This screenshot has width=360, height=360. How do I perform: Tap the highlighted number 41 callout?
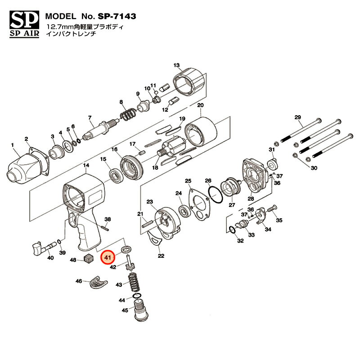[108, 258]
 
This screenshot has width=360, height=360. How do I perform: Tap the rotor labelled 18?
[173, 150]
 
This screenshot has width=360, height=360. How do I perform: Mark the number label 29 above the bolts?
[297, 117]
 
